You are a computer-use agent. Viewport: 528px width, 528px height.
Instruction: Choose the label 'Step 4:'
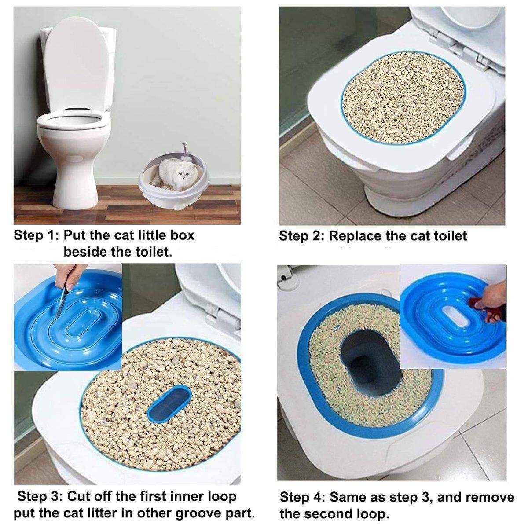[302, 498]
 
